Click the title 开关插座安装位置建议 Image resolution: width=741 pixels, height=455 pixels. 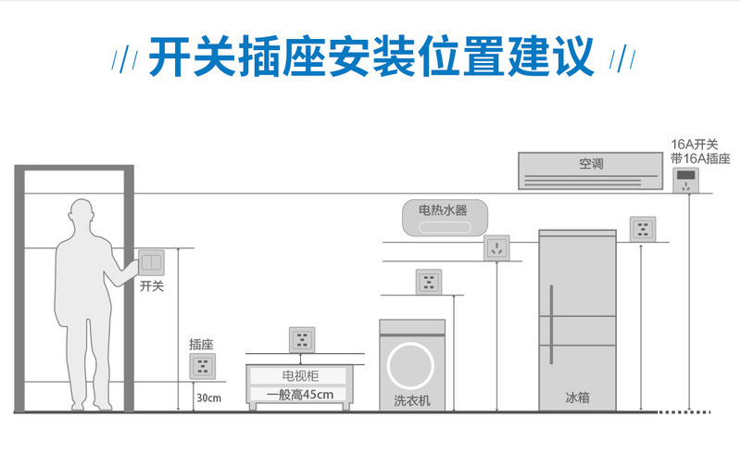[370, 57]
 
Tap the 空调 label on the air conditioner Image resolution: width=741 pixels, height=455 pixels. [591, 164]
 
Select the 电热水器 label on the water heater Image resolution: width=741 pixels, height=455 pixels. [443, 210]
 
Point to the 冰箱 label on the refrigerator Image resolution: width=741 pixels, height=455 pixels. [577, 397]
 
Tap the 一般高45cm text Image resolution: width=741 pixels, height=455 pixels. [299, 395]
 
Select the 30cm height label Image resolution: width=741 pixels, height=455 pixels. [208, 398]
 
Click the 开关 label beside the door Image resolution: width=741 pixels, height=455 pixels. [151, 287]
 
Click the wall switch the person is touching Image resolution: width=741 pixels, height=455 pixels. [150, 263]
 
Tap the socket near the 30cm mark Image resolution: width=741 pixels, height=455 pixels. [202, 364]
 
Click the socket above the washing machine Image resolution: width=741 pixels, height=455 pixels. [427, 282]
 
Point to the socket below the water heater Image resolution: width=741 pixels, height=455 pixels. [496, 247]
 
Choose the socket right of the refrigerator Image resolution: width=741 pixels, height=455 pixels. [643, 229]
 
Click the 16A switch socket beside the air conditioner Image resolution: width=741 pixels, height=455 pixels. [686, 180]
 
